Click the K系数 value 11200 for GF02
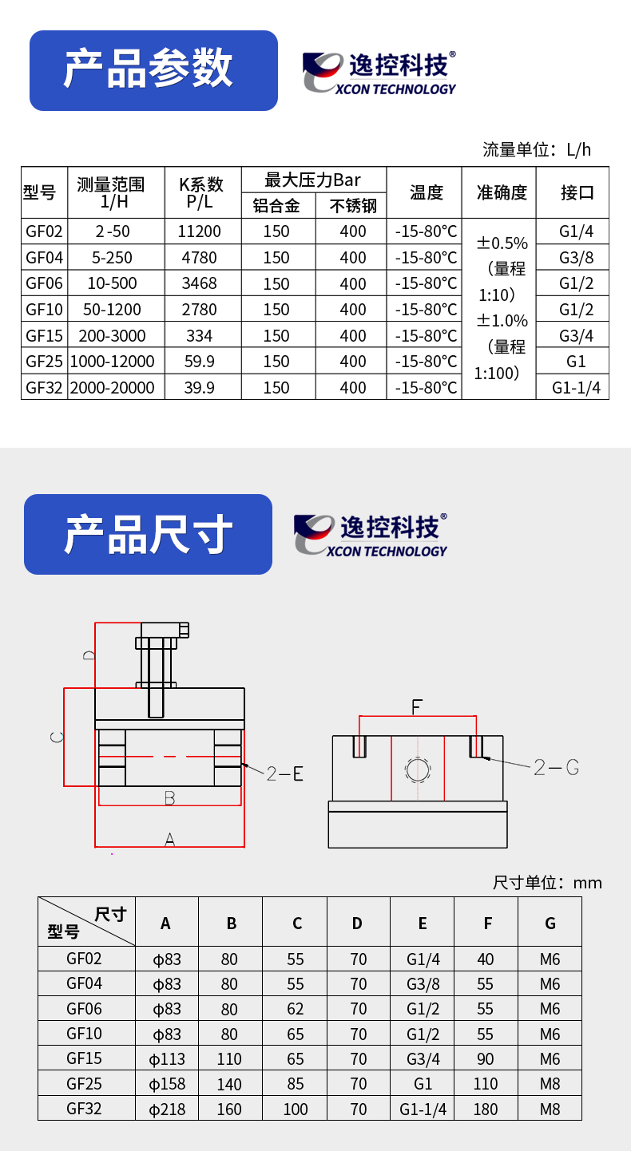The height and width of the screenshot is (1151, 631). [199, 231]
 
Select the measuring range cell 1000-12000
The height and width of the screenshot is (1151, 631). [112, 362]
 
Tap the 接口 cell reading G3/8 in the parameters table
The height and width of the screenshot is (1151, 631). [576, 258]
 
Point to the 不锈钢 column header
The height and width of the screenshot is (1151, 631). [353, 206]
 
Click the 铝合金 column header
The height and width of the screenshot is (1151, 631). [276, 206]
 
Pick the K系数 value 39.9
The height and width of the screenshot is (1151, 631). [199, 387]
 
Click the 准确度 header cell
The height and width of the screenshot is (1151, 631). [502, 192]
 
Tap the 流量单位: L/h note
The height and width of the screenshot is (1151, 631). [537, 149]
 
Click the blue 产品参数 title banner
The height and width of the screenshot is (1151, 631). [154, 70]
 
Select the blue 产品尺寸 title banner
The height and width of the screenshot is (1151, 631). [148, 535]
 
